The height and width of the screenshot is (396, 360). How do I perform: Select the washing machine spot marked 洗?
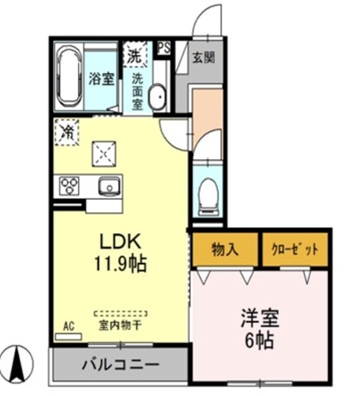point(135,54)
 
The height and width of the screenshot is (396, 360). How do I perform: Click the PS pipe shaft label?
point(164,47)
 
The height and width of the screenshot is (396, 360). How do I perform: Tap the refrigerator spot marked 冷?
point(66,131)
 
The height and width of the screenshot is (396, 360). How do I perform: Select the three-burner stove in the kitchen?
point(69,185)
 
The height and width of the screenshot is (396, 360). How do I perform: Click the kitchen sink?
point(109,185)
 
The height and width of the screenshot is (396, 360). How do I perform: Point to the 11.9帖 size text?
point(121,264)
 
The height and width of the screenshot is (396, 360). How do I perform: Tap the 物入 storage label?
point(225,249)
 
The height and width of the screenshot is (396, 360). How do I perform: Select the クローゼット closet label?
point(295,249)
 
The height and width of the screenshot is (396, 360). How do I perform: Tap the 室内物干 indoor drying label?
point(120,323)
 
